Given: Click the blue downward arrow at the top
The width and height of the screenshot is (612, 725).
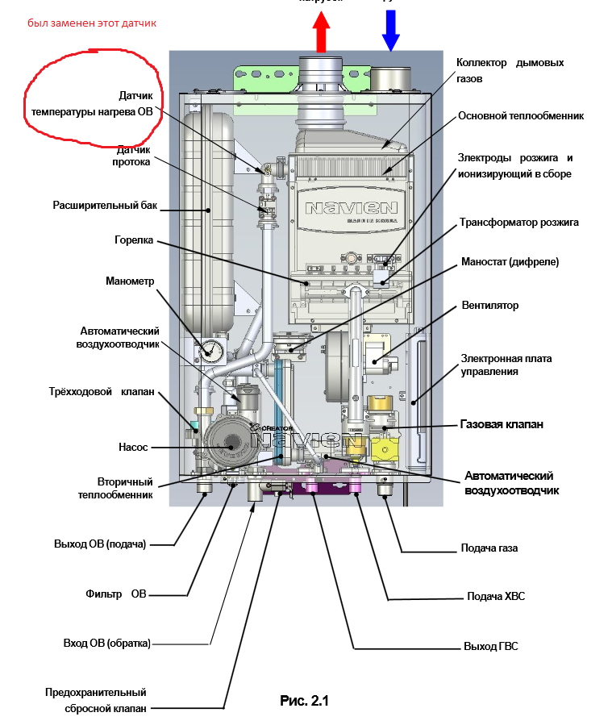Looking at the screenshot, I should pos(391,27).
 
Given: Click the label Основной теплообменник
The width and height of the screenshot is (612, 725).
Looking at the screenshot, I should pos(520,115).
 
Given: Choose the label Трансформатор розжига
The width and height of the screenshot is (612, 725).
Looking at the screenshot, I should pos(519,222).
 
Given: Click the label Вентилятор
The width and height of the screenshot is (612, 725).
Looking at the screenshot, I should pos(490,306).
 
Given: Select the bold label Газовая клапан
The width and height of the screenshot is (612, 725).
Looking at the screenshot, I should pos(502,423).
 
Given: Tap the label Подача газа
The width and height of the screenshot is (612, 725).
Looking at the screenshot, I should pos(489,548).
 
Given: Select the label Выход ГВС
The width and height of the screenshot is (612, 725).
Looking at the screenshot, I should pos(490,647).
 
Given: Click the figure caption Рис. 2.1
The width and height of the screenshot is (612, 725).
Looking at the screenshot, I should pos(305,700).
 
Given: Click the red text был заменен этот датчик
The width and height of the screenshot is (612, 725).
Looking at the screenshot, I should pos(92,23).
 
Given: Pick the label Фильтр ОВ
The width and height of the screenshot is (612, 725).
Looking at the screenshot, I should pos(116,594).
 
